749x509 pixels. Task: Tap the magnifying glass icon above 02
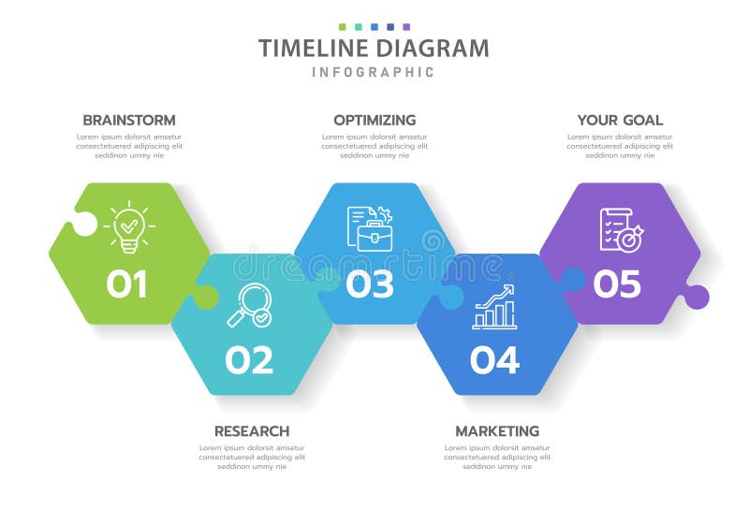click(249, 305)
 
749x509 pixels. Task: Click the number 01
click(126, 284)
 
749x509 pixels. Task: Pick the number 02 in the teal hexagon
click(249, 359)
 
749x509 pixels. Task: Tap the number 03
click(370, 284)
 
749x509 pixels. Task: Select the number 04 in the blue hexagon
click(493, 359)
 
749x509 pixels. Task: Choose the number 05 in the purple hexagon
click(617, 284)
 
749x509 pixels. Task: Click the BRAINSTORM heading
click(129, 120)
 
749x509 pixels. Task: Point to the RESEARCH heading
click(252, 431)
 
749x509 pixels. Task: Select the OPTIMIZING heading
click(374, 120)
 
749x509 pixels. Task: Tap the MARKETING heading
click(497, 431)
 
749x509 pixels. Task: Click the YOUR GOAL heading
click(620, 120)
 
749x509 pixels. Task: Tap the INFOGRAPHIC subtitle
click(374, 72)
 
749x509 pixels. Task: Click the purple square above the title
click(406, 27)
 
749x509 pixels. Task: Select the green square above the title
click(343, 27)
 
